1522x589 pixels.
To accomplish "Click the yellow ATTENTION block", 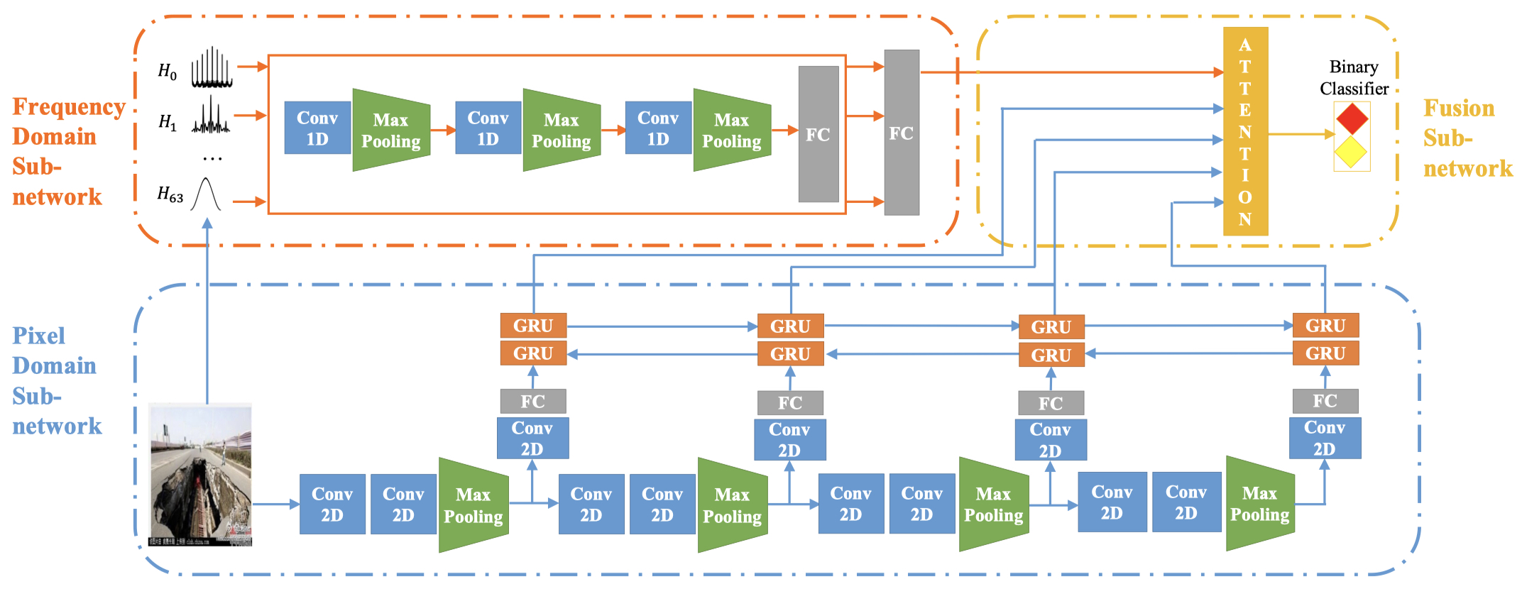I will [1245, 131].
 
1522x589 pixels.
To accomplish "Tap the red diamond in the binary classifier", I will [1352, 119].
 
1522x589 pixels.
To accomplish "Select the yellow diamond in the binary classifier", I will [1351, 152].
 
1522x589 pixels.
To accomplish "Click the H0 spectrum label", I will [168, 71].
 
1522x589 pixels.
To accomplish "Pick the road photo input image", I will [200, 474].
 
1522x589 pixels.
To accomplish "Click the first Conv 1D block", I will [317, 128].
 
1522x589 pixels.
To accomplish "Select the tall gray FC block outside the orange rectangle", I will [902, 133].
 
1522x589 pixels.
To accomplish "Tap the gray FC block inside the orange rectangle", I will [818, 134].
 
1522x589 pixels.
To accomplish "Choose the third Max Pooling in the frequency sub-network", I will [732, 130].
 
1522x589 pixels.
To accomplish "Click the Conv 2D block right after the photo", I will [332, 504].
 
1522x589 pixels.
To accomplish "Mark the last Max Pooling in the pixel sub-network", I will [1260, 503].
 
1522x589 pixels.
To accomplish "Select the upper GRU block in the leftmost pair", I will [533, 326].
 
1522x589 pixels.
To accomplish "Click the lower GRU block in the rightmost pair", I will [1325, 353].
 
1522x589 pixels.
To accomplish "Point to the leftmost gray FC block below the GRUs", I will [533, 401].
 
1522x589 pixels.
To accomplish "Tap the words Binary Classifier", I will [1354, 78].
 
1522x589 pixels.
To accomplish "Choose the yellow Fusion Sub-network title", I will [1467, 138].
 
